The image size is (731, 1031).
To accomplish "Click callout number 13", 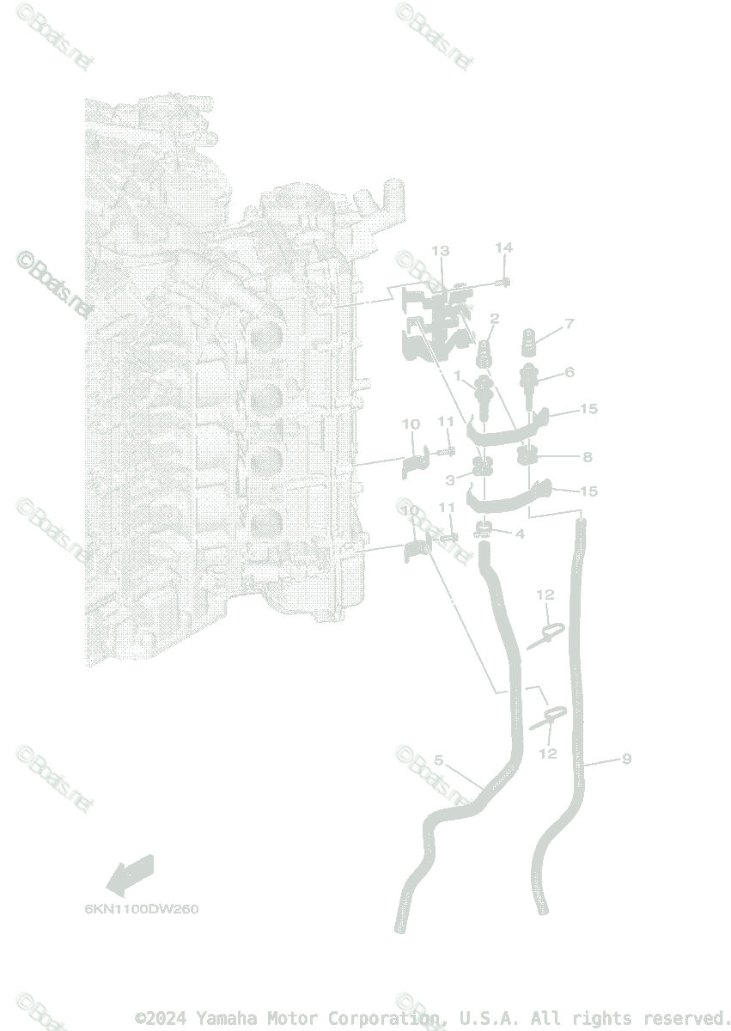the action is point(440,251).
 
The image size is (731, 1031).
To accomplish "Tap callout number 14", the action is point(503,247).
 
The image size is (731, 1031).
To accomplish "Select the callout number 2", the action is point(494,319).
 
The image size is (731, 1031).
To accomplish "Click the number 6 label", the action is point(569,372).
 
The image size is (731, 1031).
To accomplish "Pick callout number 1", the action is point(458,375).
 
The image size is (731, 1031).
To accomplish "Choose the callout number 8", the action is point(587,457).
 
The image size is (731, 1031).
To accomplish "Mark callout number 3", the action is point(450,480).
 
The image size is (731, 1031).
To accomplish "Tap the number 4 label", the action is point(519,534).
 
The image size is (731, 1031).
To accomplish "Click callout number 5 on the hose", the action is point(438,760).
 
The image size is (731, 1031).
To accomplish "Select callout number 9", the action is point(626,758).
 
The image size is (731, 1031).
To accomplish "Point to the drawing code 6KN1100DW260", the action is point(141,909).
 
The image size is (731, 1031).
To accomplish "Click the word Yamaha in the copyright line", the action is point(227,1018).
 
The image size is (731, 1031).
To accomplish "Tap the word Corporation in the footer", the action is point(394,1018).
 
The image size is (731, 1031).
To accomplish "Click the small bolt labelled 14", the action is point(504,282).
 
